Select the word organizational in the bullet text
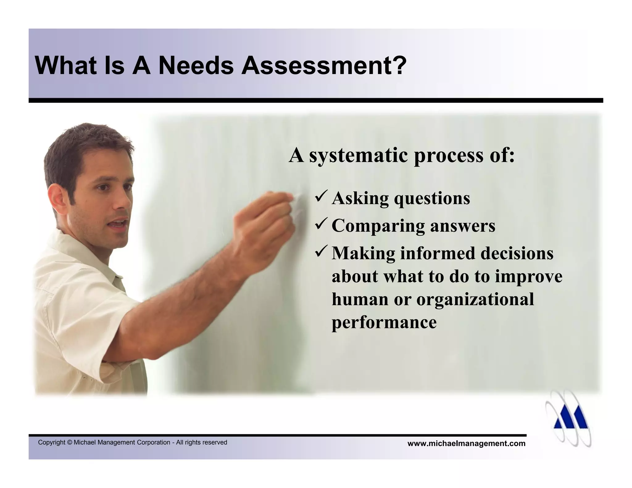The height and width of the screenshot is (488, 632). pos(475,299)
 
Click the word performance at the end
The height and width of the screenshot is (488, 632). pos(384,323)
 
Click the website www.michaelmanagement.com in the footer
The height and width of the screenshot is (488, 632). pos(466,444)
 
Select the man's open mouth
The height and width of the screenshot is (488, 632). pos(119,224)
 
